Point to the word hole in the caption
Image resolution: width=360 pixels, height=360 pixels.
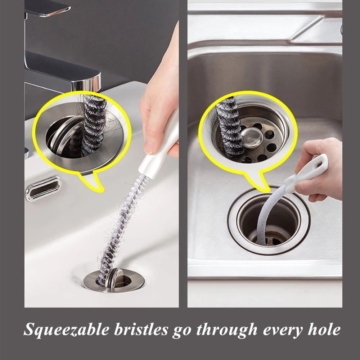(x=322, y=329)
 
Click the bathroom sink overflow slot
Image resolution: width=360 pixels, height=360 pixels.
(x=43, y=188)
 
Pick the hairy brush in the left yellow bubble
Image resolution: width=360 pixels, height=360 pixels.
(x=93, y=124)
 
